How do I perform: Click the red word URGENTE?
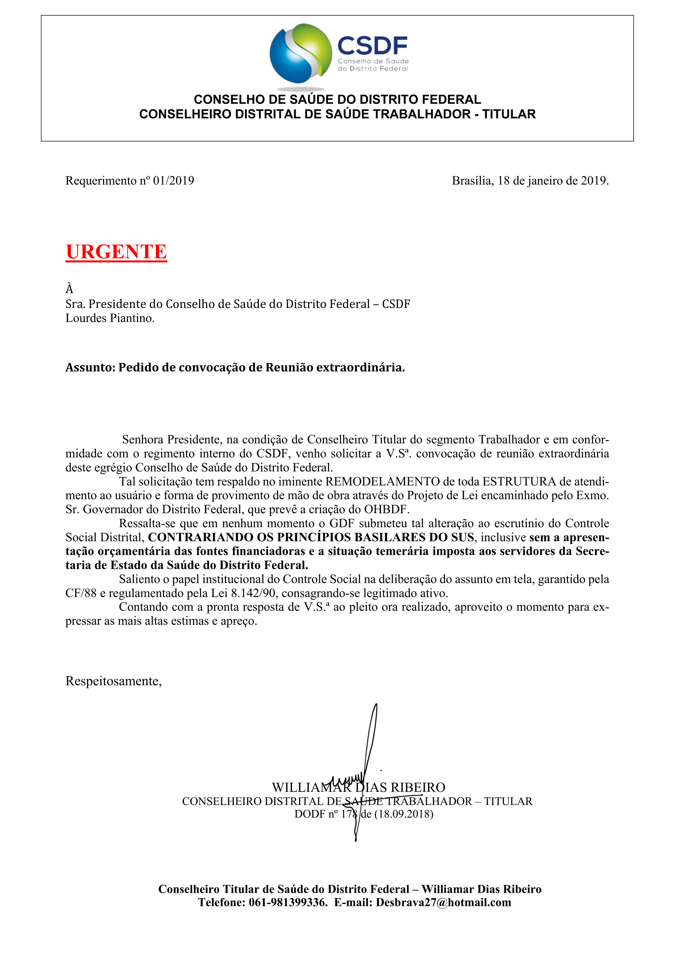pos(116,252)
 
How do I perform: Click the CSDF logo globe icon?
pos(301,53)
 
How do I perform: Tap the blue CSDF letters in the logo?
pos(372,45)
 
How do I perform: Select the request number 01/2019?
pos(174,181)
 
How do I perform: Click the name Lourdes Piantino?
pos(110,318)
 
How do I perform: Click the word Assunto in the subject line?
pos(90,367)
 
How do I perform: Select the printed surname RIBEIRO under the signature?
pos(418,787)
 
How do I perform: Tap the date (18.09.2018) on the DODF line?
pos(404,814)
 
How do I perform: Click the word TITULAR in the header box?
pos(509,114)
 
